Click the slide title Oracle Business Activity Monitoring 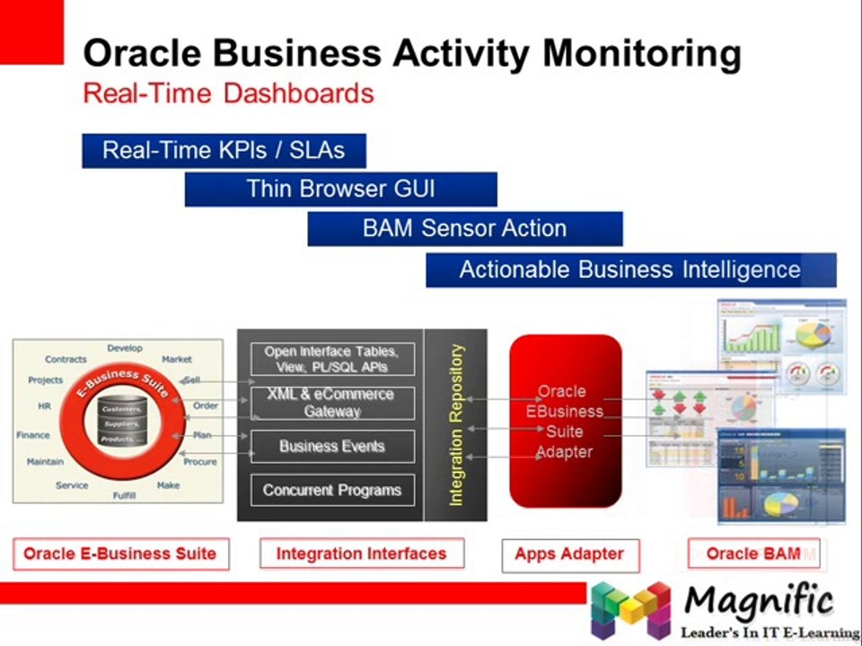(x=411, y=54)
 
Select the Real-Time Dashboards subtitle (x=228, y=93)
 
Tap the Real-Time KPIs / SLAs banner (x=224, y=150)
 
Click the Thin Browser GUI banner (x=340, y=189)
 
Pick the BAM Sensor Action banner (x=464, y=229)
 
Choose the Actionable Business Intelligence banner (x=630, y=270)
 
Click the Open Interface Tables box (x=331, y=359)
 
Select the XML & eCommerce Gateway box (x=331, y=403)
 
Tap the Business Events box (x=331, y=446)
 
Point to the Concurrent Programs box (x=331, y=491)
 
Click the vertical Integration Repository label (x=456, y=424)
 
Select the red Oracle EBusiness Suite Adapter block (x=565, y=422)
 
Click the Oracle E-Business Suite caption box (x=120, y=554)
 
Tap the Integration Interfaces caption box (x=361, y=554)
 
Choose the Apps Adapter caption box (x=569, y=554)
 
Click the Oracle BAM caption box (x=753, y=554)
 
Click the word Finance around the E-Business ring (x=33, y=435)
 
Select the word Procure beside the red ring (x=199, y=462)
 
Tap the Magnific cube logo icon (x=630, y=608)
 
